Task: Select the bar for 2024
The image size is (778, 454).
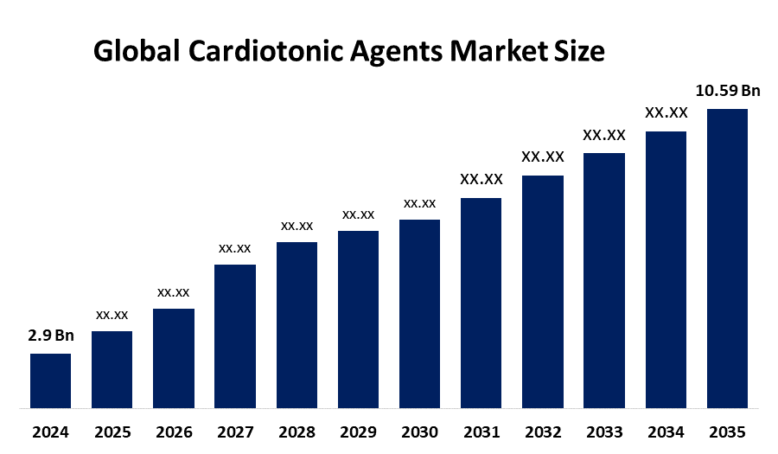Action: click(51, 381)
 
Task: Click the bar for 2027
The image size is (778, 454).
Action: click(235, 336)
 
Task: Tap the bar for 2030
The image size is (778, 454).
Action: click(420, 314)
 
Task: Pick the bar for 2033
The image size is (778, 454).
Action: click(604, 281)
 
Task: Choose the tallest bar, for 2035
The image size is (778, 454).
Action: click(727, 259)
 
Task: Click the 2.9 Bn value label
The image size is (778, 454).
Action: click(51, 336)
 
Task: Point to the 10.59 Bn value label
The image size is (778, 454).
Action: click(728, 91)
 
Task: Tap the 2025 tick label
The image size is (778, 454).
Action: click(112, 432)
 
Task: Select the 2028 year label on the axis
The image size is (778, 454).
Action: click(297, 432)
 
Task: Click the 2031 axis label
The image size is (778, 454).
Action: click(481, 432)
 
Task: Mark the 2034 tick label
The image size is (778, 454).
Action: click(666, 432)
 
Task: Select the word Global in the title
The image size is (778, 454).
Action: click(137, 51)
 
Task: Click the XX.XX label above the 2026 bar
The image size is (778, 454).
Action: click(174, 293)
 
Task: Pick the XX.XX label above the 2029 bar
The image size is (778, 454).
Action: click(358, 214)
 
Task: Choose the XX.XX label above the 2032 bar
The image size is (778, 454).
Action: click(543, 157)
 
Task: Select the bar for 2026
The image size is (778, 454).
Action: click(174, 359)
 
